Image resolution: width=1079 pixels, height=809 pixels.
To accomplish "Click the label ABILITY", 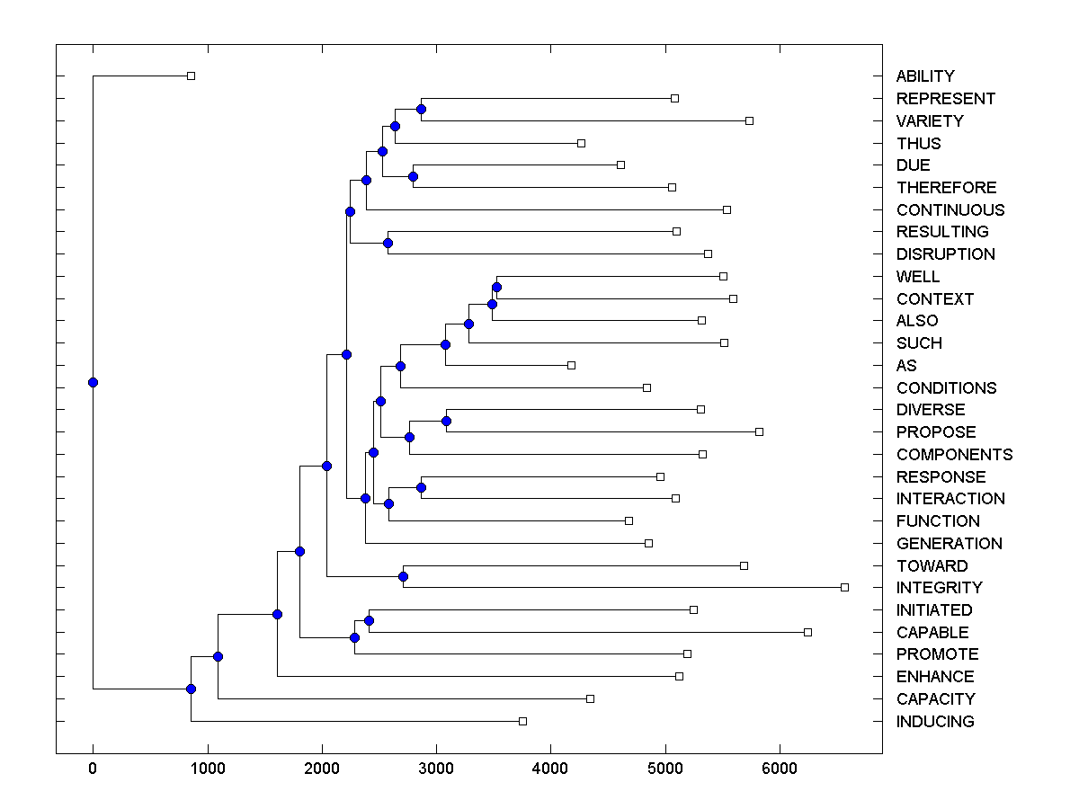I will point(925,76).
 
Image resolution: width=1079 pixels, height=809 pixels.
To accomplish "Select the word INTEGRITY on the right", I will point(939,588).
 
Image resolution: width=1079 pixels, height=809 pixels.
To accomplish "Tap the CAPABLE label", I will point(932,633).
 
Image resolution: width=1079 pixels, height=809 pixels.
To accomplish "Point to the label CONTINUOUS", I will point(950,210).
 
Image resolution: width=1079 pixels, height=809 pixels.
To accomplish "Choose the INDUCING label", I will point(935,722).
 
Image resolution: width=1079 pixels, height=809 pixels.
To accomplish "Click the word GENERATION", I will point(949,544).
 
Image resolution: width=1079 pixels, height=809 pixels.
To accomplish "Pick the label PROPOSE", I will point(936,432).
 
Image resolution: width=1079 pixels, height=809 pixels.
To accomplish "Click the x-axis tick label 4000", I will point(550,769).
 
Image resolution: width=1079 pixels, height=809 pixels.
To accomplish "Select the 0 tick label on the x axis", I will point(93,769).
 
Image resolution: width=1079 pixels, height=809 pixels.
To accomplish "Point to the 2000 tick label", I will point(322,769).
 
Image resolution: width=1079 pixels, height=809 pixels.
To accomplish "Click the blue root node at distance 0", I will point(93,382).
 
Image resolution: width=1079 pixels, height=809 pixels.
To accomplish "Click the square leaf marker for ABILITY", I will point(191,76).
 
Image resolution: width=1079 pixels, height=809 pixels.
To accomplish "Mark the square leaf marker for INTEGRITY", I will point(844,587).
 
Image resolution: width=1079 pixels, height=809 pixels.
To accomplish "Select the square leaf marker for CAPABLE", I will point(807,632).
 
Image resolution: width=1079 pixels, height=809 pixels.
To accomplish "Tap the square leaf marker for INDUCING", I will point(522,721).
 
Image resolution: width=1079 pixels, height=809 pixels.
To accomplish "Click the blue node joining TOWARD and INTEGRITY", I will point(404,576).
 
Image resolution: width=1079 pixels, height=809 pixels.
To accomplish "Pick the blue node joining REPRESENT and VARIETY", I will point(421,109).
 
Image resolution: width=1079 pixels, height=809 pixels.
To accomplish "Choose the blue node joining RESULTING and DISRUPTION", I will point(388,243).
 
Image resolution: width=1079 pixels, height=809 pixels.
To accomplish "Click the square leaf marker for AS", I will point(571,365).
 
